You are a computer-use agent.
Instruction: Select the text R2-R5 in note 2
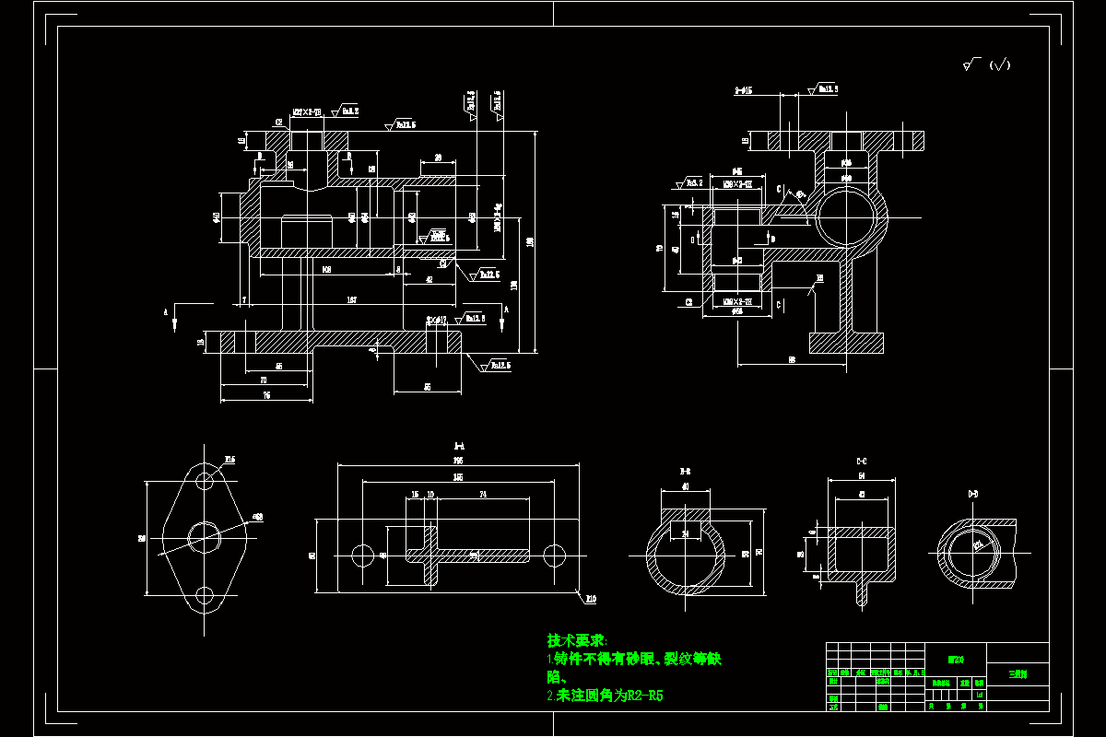pyautogui.click(x=644, y=696)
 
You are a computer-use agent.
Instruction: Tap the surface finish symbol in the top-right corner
pyautogui.click(x=986, y=64)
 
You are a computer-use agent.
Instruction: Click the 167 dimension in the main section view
pyautogui.click(x=352, y=300)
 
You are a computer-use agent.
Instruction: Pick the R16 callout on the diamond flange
pyautogui.click(x=229, y=459)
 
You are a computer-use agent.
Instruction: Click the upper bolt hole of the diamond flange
pyautogui.click(x=205, y=480)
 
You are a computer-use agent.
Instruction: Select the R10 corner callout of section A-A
pyautogui.click(x=591, y=599)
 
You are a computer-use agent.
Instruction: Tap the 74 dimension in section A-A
pyautogui.click(x=484, y=495)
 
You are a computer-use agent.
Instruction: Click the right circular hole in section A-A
pyautogui.click(x=554, y=555)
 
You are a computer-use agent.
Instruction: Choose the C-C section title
pyautogui.click(x=862, y=461)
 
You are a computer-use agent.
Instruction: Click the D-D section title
pyautogui.click(x=973, y=495)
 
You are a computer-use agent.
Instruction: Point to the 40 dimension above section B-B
pyautogui.click(x=686, y=486)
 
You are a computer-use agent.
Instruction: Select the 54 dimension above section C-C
pyautogui.click(x=862, y=475)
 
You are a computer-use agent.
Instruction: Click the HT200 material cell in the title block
pyautogui.click(x=956, y=660)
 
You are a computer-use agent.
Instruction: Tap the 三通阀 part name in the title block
pyautogui.click(x=1017, y=673)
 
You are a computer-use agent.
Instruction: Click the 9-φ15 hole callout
pyautogui.click(x=744, y=91)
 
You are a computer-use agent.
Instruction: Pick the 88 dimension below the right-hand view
pyautogui.click(x=792, y=360)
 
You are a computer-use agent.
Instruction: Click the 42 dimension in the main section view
pyautogui.click(x=429, y=279)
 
